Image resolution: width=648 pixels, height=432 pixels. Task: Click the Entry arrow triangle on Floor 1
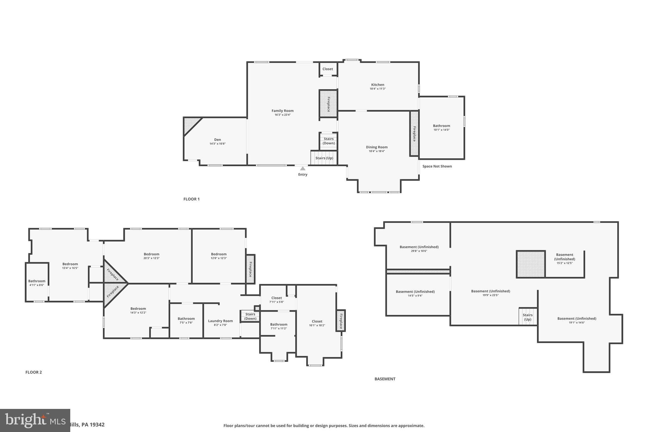coord(303,168)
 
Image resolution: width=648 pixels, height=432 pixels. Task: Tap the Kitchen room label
coord(377,85)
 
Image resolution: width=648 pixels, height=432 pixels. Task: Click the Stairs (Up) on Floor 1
coord(324,158)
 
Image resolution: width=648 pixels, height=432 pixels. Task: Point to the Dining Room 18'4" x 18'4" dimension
coord(377,151)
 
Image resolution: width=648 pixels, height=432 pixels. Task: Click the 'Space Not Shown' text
coord(437,166)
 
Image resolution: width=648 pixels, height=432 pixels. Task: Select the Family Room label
coord(283,111)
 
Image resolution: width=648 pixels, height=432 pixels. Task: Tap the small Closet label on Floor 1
coord(327,69)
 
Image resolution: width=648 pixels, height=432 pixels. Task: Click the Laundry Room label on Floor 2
coord(220,321)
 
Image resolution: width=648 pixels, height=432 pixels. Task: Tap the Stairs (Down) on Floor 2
coord(250,316)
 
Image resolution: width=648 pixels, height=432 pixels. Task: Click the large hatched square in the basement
coord(531,264)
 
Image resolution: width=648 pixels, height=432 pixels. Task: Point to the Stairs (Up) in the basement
coord(527,317)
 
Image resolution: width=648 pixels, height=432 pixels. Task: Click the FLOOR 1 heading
coord(191,199)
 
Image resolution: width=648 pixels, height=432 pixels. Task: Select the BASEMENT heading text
coord(385,379)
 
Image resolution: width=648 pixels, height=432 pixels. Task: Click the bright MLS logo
coord(35,420)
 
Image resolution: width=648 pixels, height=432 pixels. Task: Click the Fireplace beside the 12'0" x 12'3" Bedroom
coord(250,269)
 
